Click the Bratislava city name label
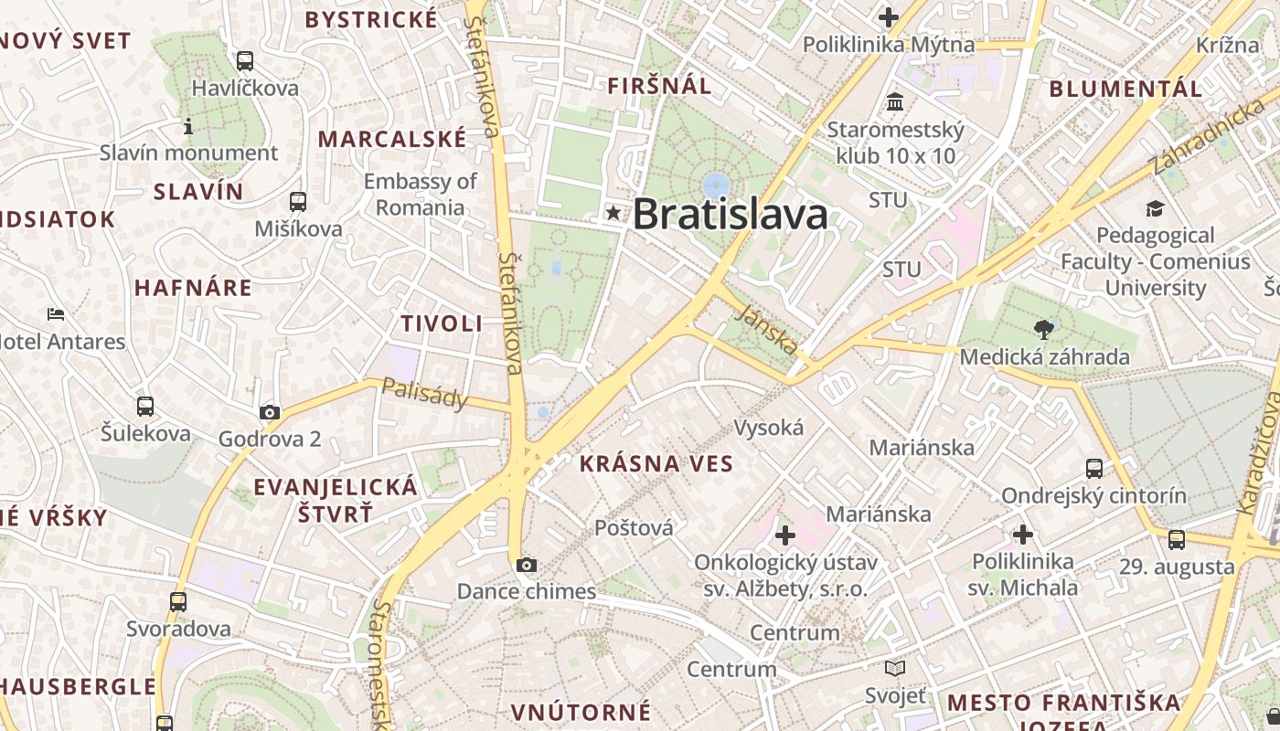(730, 215)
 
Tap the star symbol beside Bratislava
(613, 213)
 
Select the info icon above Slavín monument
(188, 126)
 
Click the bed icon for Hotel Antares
(56, 315)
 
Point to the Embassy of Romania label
(421, 194)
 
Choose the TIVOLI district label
(442, 323)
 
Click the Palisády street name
(425, 395)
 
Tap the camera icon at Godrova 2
(269, 412)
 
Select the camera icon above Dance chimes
(526, 565)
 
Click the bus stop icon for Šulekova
(145, 407)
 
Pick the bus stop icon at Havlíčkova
(244, 61)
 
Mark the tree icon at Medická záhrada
(1044, 329)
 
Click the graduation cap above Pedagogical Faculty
(1155, 208)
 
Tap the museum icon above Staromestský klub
(895, 101)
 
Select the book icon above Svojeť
(895, 669)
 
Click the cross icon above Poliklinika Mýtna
(888, 16)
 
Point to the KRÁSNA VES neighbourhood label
(656, 464)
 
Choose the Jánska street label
(766, 330)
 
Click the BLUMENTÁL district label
(1125, 90)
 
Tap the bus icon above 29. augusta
(1177, 540)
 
